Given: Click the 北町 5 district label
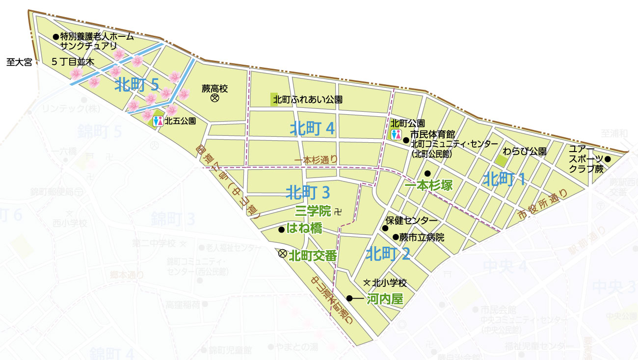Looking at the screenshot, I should [137, 85].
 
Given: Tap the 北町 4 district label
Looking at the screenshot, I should [312, 129].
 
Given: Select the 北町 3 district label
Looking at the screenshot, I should [308, 191].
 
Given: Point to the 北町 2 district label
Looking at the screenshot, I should [388, 254].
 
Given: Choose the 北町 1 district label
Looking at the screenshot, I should [505, 179].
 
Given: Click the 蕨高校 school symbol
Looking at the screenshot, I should [214, 99].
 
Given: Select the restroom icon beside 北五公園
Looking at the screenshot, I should [158, 121].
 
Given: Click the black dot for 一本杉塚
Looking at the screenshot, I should [427, 173].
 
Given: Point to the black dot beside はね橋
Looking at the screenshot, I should [281, 229].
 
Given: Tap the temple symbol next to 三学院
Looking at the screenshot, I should [337, 212].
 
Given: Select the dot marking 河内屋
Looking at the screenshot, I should [349, 298].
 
